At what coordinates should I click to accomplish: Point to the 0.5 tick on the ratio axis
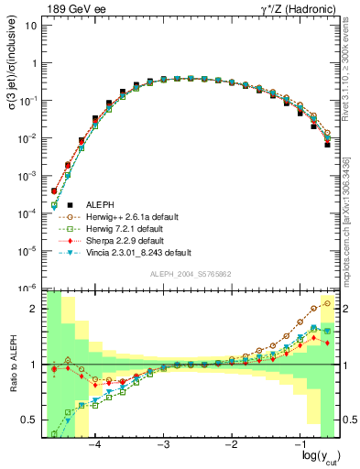[x=33, y=420]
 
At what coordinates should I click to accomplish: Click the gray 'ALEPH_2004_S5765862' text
[x=190, y=275]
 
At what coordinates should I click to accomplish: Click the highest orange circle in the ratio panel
[x=328, y=303]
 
